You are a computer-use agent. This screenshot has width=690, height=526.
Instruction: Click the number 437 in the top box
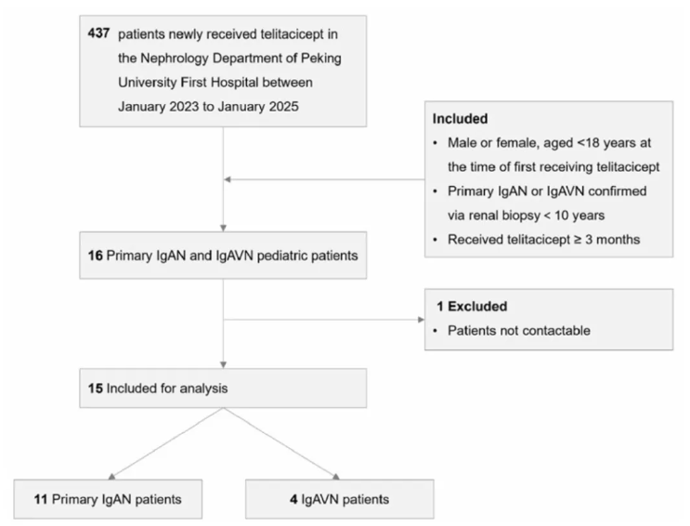(x=98, y=33)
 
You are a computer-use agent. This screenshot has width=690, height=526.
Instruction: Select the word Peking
(x=320, y=59)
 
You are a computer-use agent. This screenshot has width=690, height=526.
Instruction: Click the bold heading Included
(x=460, y=119)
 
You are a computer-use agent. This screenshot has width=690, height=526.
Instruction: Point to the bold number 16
(x=95, y=256)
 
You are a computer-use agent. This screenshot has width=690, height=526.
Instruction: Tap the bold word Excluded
(x=477, y=306)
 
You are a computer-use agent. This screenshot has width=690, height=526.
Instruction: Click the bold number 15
(x=95, y=388)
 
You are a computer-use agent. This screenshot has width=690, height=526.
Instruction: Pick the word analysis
(x=203, y=388)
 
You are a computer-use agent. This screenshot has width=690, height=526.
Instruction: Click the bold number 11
(x=41, y=499)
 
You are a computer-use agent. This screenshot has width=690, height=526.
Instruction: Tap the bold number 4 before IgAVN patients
(x=293, y=499)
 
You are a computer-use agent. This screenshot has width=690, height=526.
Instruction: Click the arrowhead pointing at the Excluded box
(x=421, y=320)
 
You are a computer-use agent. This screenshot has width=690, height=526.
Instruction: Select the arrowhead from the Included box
(x=228, y=179)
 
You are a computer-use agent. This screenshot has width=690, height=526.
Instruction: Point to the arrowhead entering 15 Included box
(x=223, y=365)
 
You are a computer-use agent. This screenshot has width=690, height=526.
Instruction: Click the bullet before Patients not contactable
(x=436, y=331)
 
